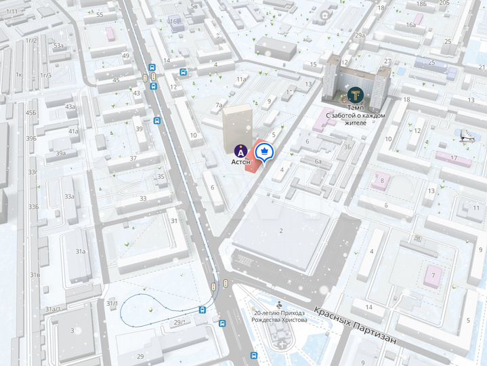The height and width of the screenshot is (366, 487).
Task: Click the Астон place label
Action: [241, 162]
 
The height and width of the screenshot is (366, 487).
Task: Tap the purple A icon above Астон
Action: [240, 150]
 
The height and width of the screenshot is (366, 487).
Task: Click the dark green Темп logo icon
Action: [354, 95]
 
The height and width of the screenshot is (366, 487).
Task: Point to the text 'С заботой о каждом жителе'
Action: [355, 119]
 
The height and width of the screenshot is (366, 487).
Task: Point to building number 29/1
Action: [179, 322]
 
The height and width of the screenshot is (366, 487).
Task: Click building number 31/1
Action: [112, 303]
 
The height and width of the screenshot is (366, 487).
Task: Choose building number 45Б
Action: [31, 113]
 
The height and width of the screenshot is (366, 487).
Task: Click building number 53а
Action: [59, 46]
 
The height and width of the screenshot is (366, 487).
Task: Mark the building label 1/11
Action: [12, 12]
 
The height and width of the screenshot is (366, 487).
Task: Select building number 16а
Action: [411, 25]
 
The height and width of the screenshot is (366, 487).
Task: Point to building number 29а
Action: [360, 35]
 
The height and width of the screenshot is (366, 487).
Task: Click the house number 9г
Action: [418, 238]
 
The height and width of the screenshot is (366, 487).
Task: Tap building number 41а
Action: [72, 131]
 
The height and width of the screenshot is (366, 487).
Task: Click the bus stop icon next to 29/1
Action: [203, 310]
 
